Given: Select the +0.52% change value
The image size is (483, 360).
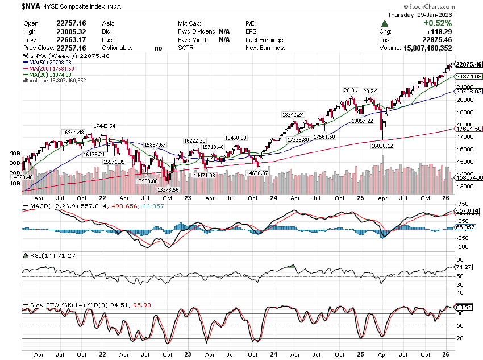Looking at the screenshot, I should (x=436, y=23).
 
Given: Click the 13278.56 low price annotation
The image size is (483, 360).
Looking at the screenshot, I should (x=168, y=189).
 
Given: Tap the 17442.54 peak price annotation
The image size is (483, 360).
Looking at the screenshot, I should (x=105, y=126).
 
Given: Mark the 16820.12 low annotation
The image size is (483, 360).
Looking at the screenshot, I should (x=382, y=146).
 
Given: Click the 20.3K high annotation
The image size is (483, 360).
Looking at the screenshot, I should (x=351, y=90).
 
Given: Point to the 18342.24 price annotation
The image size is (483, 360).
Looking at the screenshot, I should (x=293, y=114).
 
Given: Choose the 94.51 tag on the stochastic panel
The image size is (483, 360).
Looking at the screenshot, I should (x=465, y=308).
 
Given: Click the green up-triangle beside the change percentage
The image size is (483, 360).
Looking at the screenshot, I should (x=385, y=23).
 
